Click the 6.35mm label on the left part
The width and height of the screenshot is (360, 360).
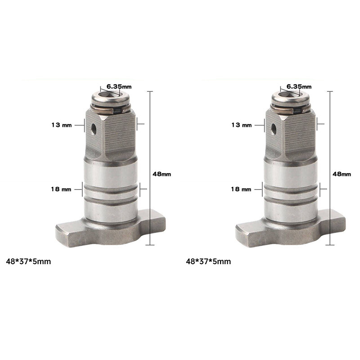pyautogui.click(x=119, y=86)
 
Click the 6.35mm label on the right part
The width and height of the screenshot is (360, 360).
pyautogui.click(x=299, y=86)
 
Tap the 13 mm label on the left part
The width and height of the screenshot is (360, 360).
pyautogui.click(x=62, y=125)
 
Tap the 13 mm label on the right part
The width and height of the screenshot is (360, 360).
pyautogui.click(x=242, y=125)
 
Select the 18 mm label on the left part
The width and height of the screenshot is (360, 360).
pyautogui.click(x=61, y=189)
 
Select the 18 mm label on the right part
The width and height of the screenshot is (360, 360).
pyautogui.click(x=241, y=189)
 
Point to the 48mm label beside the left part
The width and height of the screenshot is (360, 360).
pyautogui.click(x=162, y=174)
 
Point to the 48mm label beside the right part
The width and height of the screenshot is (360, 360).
pyautogui.click(x=342, y=174)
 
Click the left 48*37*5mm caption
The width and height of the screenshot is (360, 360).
pyautogui.click(x=28, y=261)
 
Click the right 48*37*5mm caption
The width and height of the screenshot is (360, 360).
pyautogui.click(x=208, y=261)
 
